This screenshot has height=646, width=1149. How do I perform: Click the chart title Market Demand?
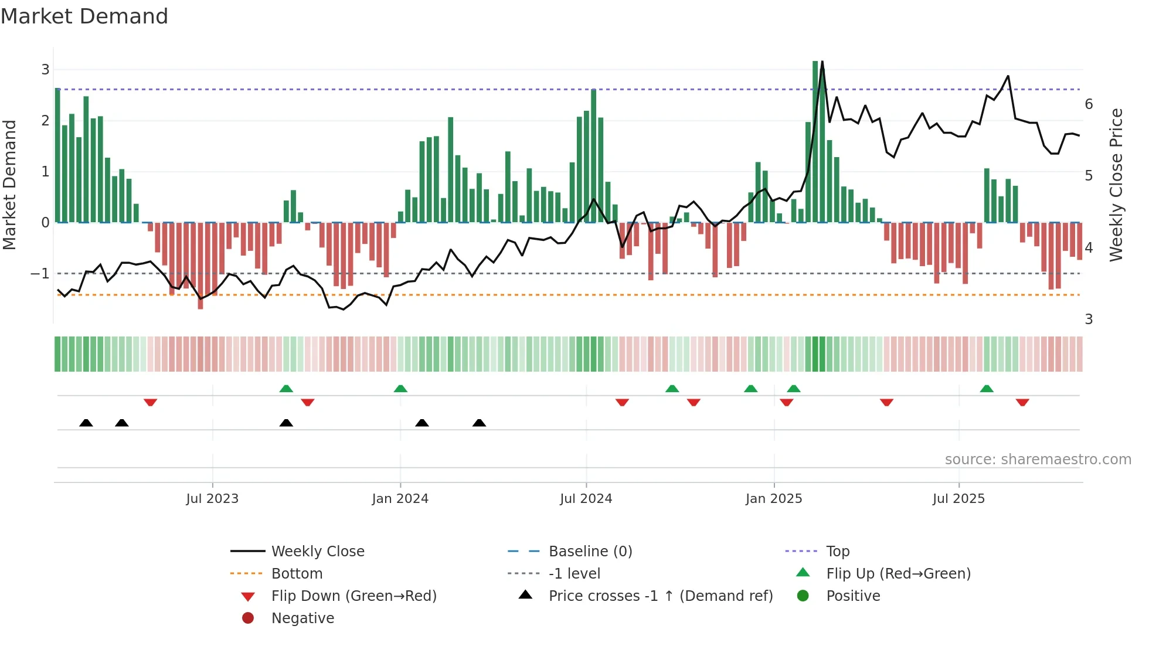[x=84, y=16]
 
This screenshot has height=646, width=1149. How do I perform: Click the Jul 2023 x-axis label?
[x=212, y=499]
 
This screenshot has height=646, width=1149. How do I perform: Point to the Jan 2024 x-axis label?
[x=400, y=499]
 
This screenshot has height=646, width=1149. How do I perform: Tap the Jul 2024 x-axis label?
[x=586, y=499]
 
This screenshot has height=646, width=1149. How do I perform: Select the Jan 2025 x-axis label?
[x=774, y=499]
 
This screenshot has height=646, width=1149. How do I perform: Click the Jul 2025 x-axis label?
[x=958, y=499]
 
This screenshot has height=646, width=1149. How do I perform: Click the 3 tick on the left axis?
[x=45, y=70]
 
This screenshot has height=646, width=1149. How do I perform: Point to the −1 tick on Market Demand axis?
[x=40, y=274]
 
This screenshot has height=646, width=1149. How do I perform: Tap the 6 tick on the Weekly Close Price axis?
[x=1089, y=104]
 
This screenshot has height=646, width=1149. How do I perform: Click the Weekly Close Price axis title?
[x=1116, y=185]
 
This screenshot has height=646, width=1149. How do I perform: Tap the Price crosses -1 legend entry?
[x=660, y=596]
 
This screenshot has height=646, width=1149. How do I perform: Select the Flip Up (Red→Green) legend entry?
[x=898, y=574]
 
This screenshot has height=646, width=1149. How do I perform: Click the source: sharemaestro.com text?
[x=1038, y=460]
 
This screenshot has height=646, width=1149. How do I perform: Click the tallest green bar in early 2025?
[x=815, y=141]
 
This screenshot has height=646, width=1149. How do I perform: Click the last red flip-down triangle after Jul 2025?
[x=1022, y=402]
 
